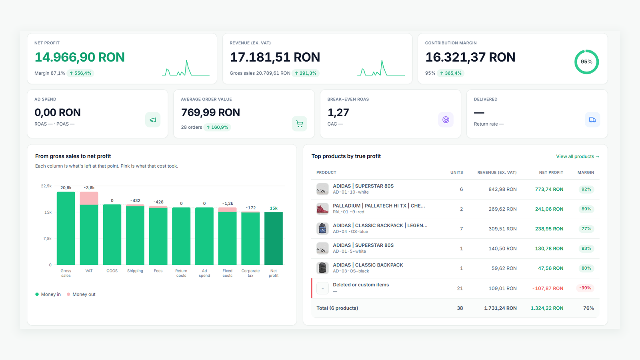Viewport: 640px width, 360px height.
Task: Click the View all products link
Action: click(578, 156)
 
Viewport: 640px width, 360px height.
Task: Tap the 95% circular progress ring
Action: click(586, 50)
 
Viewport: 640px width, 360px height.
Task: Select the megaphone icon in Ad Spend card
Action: click(153, 120)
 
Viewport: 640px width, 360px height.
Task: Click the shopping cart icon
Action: click(300, 124)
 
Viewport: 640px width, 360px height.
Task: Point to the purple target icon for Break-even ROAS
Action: click(446, 120)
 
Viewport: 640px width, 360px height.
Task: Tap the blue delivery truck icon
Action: click(592, 120)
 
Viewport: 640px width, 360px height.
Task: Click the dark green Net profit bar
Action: click(274, 238)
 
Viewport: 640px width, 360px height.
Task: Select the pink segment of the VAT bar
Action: click(89, 198)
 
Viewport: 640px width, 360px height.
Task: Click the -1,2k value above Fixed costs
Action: click(228, 204)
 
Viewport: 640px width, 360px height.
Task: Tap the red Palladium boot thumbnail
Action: click(322, 209)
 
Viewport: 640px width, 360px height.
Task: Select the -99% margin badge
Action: click(585, 288)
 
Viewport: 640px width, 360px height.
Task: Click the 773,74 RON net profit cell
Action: click(549, 190)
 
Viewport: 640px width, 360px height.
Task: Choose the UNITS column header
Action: click(456, 172)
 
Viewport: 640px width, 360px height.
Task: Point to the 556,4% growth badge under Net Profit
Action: click(80, 73)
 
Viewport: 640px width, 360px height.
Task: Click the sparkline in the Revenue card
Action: click(381, 68)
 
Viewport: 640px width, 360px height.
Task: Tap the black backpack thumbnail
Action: click(322, 268)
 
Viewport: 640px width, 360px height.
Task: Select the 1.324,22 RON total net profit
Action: click(547, 308)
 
